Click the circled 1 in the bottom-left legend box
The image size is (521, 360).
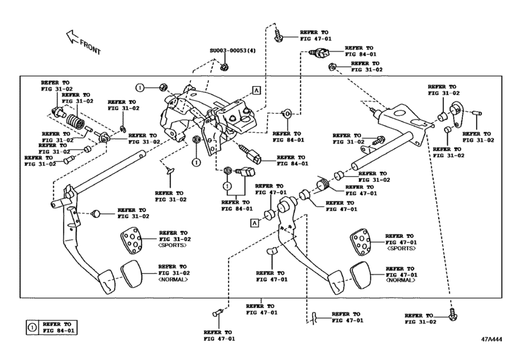[31, 327]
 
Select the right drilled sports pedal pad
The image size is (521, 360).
[358, 242]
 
